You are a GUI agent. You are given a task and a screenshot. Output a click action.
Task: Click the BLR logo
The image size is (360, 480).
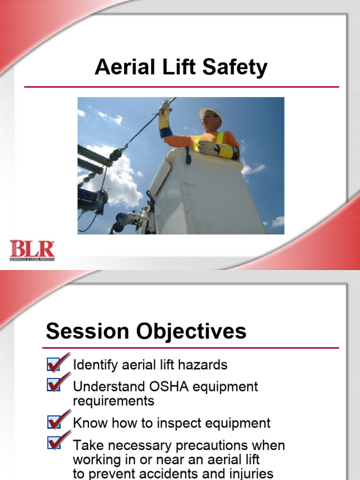[32, 250]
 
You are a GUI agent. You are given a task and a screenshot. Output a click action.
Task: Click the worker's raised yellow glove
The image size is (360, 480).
[165, 115]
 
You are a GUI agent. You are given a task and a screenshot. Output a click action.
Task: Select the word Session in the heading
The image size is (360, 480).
[89, 331]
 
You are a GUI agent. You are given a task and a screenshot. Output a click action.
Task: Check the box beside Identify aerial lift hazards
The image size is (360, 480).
[54, 364]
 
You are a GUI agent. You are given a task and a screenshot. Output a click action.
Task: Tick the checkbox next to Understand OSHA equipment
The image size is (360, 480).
[54, 385]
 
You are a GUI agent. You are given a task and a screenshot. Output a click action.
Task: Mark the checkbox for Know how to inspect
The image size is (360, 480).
[54, 422]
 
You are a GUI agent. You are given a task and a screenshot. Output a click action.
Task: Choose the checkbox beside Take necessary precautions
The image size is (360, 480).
[54, 442]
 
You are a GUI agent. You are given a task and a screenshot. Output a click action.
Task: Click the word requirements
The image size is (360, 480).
[113, 401]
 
